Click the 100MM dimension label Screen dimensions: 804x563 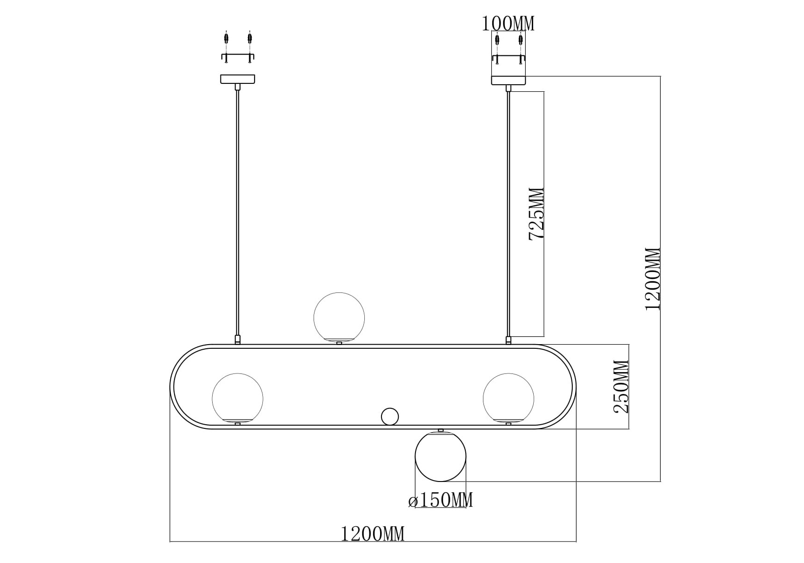coord(508,23)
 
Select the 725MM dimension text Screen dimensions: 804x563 coord(536,214)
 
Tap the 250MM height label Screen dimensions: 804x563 coord(621,387)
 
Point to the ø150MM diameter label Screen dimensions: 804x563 coord(440,501)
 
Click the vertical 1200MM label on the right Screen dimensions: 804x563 coord(652,279)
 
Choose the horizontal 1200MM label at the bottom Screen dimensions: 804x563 coord(373,534)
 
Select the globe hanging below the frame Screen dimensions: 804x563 coord(440,456)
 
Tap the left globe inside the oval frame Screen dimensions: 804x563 coord(237,399)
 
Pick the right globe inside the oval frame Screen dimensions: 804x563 coord(509,399)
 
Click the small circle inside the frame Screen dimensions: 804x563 coord(390,417)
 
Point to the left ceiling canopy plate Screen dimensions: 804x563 coord(238,80)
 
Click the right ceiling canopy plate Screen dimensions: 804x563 coord(509,80)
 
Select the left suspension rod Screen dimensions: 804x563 coord(238,212)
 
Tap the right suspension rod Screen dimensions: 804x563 coord(509,212)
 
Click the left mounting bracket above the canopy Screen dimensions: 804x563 coord(238,57)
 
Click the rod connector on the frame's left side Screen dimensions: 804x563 coord(238,340)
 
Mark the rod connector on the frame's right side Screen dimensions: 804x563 coord(509,340)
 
